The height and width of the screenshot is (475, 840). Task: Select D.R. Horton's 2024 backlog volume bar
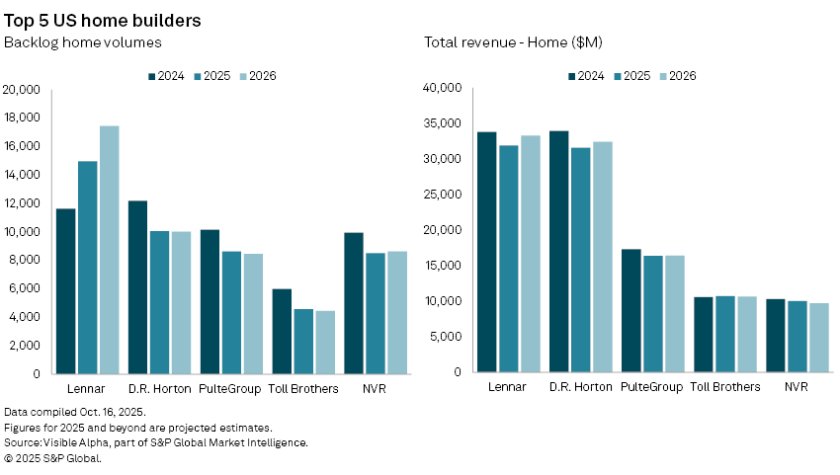137,287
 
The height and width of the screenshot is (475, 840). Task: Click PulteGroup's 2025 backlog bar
231,313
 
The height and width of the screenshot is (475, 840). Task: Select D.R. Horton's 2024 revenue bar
559,252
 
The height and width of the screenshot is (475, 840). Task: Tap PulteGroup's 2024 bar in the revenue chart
630,311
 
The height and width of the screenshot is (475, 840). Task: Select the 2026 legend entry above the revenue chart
677,75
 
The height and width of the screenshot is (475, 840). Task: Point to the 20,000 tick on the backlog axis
22,90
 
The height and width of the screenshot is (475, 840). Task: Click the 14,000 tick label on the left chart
22,175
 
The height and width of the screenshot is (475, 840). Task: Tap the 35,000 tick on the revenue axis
442,123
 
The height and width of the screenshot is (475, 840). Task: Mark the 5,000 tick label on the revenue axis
445,337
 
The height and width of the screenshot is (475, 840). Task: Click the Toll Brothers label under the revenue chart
725,387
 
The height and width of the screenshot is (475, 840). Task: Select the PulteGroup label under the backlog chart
230,389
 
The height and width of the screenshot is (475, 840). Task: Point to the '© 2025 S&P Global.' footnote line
53,457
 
